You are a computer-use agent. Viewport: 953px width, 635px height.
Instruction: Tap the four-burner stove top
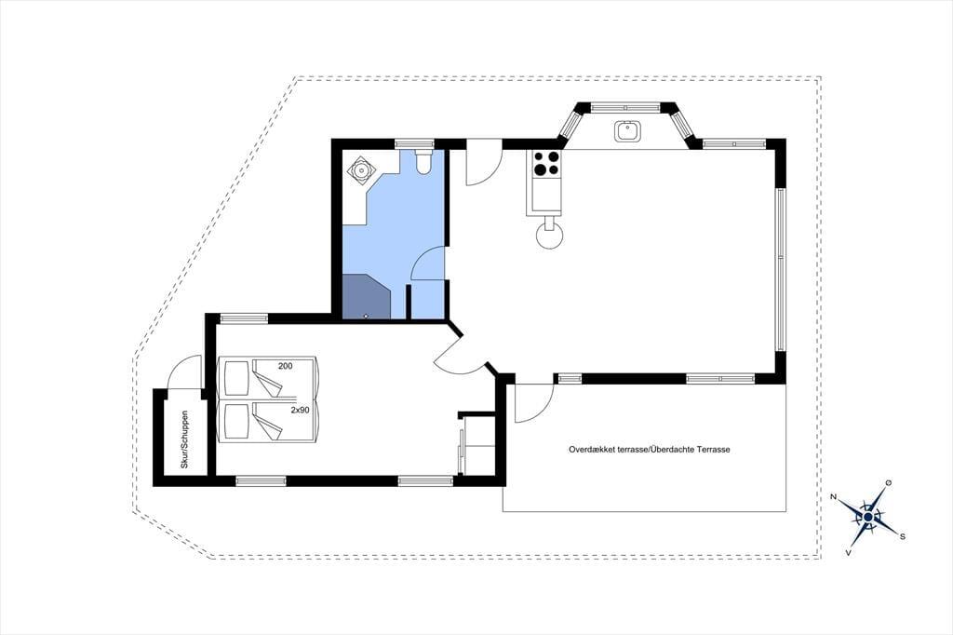545,162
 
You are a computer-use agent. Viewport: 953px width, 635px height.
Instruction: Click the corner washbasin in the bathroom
362,169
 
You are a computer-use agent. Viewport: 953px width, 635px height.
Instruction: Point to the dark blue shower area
366,296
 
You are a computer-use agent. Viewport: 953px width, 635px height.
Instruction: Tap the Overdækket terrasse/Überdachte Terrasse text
649,450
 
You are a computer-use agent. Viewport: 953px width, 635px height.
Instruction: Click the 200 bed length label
285,366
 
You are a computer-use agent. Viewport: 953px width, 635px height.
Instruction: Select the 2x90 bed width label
300,410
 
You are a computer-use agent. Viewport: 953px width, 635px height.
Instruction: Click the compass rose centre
868,517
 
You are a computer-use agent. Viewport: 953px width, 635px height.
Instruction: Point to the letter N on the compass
834,497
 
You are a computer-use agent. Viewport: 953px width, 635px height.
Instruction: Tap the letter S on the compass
903,536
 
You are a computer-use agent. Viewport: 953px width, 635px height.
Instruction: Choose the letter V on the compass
849,552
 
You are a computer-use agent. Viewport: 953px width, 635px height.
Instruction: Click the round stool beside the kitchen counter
550,236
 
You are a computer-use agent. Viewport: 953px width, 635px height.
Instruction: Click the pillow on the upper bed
237,378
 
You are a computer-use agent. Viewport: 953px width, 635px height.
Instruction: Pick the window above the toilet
414,144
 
